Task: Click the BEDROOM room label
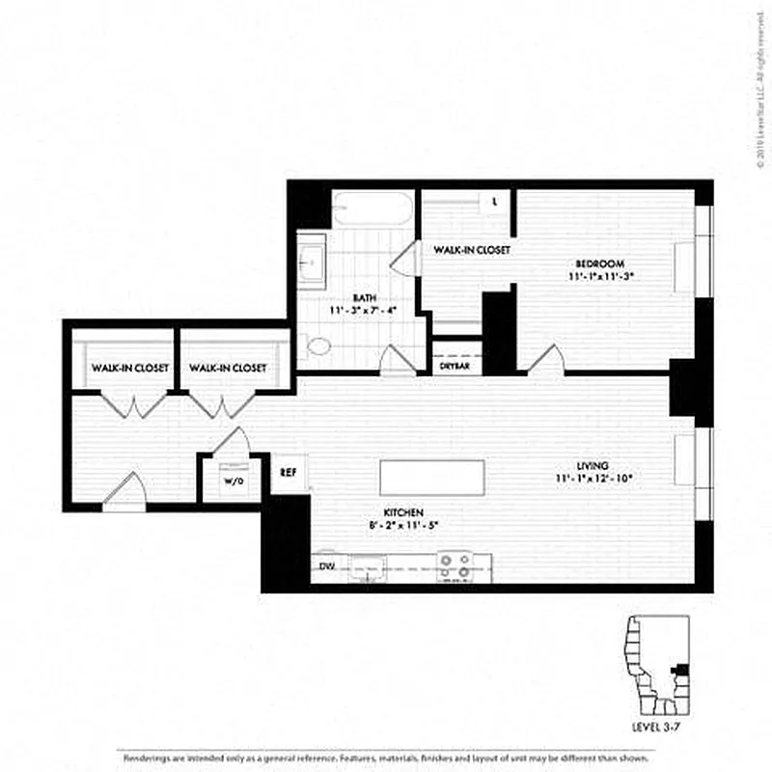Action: point(599,263)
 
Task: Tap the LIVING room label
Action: point(593,466)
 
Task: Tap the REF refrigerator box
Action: point(288,474)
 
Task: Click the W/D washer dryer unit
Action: point(233,480)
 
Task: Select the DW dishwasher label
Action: point(325,567)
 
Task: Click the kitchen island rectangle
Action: point(432,477)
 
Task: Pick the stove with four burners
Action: point(455,565)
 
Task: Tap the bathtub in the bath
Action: point(372,207)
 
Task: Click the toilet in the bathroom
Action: point(317,345)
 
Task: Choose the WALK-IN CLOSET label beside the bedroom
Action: point(471,250)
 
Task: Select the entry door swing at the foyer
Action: point(124,490)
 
